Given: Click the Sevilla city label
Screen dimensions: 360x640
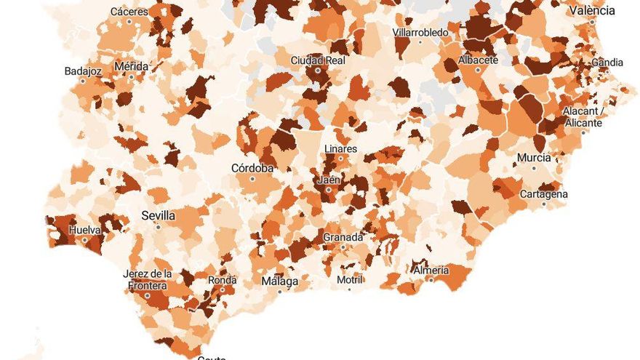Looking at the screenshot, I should (x=158, y=216).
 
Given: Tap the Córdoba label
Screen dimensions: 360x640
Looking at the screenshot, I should (x=252, y=168).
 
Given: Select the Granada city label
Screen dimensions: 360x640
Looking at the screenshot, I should (x=343, y=237).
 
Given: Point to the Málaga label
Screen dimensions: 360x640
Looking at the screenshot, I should (x=279, y=281).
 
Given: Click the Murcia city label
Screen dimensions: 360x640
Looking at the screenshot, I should (x=534, y=158).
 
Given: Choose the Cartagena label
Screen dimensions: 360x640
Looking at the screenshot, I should (x=544, y=194).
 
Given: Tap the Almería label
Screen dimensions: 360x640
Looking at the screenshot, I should (x=431, y=270).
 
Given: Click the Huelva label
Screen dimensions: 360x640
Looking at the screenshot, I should (x=84, y=230).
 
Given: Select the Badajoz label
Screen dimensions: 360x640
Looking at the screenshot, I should (x=84, y=71).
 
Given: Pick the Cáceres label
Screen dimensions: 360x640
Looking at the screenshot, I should (x=129, y=12).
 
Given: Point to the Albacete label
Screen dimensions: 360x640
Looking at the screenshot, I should (x=478, y=60).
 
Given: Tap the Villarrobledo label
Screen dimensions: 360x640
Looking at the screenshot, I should (x=420, y=33).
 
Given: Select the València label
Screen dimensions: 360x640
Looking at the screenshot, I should (x=592, y=10).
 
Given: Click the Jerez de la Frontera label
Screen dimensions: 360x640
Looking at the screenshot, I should (x=148, y=279).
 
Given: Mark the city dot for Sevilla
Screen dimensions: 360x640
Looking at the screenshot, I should (x=158, y=227).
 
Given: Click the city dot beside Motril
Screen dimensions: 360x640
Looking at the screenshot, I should (x=349, y=289).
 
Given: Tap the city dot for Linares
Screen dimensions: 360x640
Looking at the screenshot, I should (x=340, y=159).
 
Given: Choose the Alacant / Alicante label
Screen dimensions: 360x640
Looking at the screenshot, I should (x=583, y=117).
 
